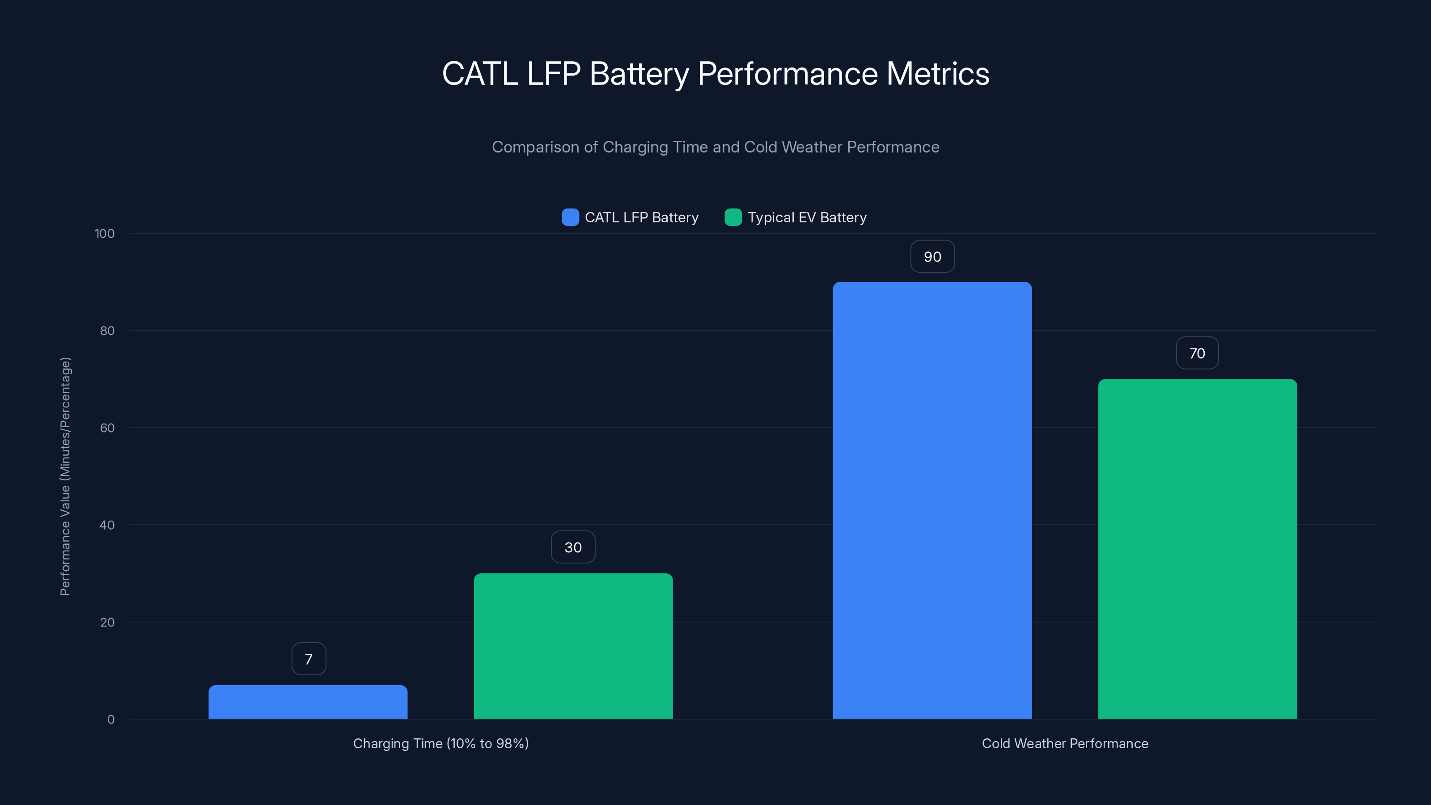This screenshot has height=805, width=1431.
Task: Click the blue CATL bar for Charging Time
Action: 308,702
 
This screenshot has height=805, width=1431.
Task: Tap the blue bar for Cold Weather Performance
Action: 932,500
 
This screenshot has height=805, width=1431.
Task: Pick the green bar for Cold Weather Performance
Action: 1197,549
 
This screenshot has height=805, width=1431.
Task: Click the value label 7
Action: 309,659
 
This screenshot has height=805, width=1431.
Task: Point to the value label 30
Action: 573,547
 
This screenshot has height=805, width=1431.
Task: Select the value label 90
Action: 932,257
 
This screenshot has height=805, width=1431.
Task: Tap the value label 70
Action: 1197,353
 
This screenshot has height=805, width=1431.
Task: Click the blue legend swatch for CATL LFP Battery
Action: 570,217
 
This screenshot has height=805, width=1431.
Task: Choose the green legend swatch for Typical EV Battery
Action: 733,217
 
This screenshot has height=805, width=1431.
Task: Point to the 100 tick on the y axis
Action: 105,234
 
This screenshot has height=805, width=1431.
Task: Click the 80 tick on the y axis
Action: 107,331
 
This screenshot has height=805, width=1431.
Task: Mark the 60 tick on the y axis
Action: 107,428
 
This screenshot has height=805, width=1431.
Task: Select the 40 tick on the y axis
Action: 107,525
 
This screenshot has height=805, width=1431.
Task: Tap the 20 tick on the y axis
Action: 107,622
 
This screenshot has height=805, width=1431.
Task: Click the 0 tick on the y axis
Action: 110,720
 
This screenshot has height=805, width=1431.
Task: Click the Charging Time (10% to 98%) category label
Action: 440,743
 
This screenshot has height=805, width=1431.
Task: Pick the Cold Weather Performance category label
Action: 1064,743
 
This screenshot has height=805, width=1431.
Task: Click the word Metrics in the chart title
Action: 937,74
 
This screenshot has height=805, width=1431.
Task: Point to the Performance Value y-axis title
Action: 66,476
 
